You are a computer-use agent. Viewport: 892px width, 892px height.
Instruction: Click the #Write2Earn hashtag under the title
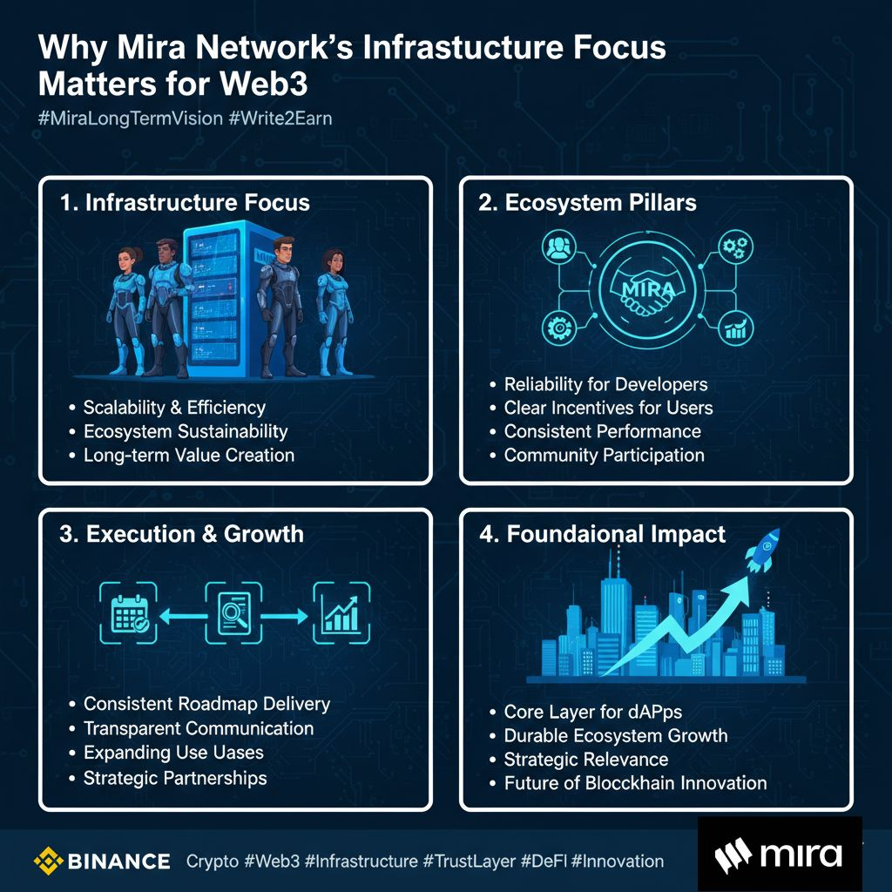point(280,118)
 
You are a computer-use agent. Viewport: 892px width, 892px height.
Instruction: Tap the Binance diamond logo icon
point(49,862)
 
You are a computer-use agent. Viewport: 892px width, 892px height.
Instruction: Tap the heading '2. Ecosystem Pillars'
point(587,203)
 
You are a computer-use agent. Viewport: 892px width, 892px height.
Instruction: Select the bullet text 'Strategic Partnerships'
point(175,778)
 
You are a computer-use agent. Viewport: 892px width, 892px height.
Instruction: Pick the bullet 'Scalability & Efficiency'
point(174,407)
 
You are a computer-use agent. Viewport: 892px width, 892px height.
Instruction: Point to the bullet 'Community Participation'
point(604,455)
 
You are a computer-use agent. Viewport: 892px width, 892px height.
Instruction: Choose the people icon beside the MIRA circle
point(555,248)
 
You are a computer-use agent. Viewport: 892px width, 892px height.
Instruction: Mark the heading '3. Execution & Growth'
point(181,534)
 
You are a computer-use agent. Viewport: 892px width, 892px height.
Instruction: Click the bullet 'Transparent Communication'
point(199,728)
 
